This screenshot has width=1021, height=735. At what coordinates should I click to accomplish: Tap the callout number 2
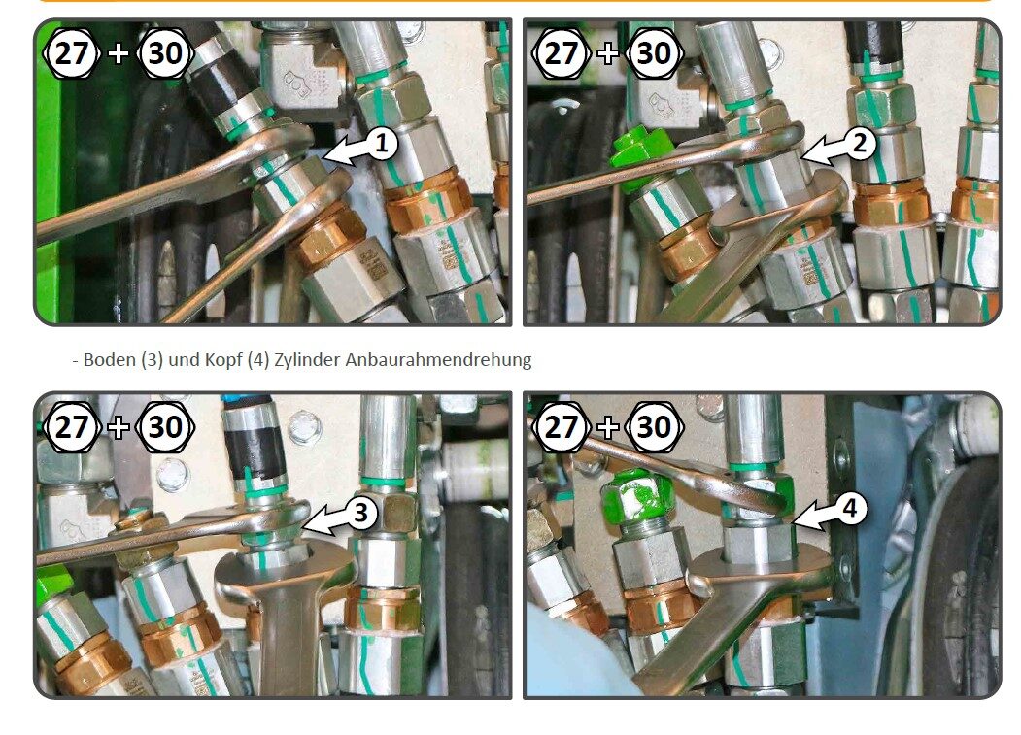pos(860,143)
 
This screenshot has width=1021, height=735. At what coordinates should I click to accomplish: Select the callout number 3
pos(361,513)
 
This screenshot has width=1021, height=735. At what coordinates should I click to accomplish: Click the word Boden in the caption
pos(110,359)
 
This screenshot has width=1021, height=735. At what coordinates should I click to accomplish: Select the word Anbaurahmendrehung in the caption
pos(438,359)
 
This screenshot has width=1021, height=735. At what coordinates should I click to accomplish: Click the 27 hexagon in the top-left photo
pos(71,52)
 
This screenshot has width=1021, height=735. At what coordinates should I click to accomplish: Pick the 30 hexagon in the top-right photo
pos(655,52)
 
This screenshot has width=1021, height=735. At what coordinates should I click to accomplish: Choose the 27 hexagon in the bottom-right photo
pos(561,427)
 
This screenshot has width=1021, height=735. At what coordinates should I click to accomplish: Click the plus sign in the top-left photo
pos(119,53)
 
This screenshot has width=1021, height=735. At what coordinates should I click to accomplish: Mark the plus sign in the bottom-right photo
pos(608,428)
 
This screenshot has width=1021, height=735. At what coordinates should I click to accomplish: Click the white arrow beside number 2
pos(823,150)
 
